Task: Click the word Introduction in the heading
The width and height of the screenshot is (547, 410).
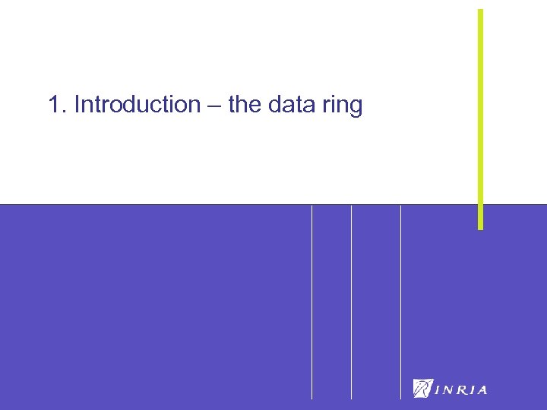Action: point(137,105)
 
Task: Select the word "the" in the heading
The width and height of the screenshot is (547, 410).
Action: point(244,105)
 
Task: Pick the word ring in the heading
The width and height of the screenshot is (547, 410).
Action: point(342,106)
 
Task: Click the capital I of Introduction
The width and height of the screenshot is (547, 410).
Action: point(77,105)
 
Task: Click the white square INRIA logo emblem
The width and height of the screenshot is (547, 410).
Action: point(422,388)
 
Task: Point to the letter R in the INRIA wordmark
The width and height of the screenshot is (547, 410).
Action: point(461,390)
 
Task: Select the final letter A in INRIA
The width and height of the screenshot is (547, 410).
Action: point(482,390)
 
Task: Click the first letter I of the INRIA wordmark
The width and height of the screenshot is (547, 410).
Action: point(437,390)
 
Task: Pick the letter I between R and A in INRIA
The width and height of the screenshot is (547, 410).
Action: point(472,390)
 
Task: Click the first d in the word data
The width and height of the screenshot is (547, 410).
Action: point(275,105)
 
